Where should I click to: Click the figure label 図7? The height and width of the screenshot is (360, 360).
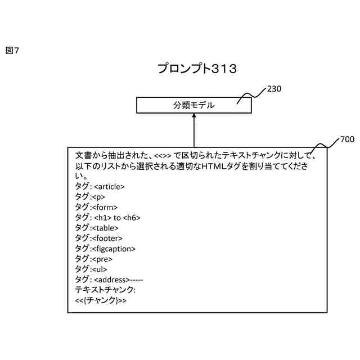(x=12, y=51)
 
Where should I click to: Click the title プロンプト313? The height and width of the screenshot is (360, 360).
(x=197, y=69)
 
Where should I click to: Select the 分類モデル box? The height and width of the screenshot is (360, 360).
(x=193, y=105)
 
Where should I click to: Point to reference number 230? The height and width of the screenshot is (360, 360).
(x=274, y=89)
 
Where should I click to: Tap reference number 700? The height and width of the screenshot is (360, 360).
(x=347, y=139)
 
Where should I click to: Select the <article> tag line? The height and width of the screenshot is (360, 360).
(x=100, y=186)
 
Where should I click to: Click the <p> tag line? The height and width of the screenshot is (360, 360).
(x=90, y=197)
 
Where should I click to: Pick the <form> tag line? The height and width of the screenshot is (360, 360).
(x=96, y=207)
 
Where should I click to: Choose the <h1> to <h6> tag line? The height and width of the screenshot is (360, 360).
(x=108, y=217)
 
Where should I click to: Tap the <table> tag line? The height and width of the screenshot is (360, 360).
(x=97, y=228)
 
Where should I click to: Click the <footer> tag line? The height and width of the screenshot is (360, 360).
(x=98, y=238)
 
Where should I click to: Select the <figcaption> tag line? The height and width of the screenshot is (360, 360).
(x=105, y=248)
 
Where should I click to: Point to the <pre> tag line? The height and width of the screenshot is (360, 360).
(x=93, y=259)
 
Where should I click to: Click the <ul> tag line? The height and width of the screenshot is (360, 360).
(x=91, y=269)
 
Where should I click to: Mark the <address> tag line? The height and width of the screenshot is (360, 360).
(x=109, y=279)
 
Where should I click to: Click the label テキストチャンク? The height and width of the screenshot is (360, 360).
(x=106, y=290)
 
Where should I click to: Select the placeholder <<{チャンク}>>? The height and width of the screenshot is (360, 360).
(x=101, y=300)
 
